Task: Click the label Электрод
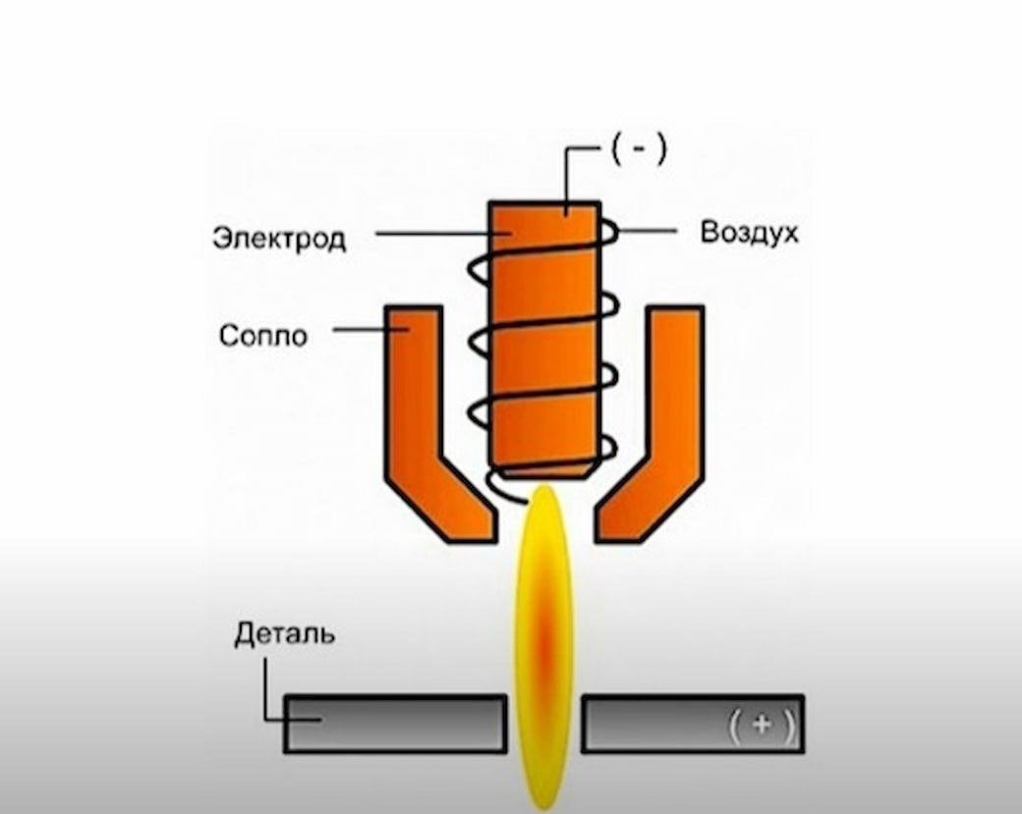[279, 239]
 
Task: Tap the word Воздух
[749, 233]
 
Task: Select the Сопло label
[263, 336]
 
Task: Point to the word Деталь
[285, 633]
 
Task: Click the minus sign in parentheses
[639, 149]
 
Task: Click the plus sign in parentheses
[762, 724]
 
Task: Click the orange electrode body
[544, 339]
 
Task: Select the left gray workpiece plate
[396, 724]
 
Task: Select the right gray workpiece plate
[693, 724]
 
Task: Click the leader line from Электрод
[443, 233]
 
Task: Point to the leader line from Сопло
[370, 330]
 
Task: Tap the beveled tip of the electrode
[544, 472]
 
